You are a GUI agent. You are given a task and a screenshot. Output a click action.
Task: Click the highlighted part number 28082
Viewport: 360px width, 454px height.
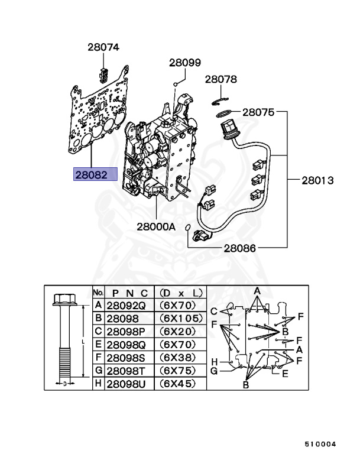pos(95,174)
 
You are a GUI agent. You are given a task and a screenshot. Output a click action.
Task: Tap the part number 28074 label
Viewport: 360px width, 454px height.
pos(103,47)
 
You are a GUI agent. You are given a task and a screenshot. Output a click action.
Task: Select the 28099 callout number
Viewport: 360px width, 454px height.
pos(185,62)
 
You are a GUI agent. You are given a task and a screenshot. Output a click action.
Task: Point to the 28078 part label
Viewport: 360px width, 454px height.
pos(221,79)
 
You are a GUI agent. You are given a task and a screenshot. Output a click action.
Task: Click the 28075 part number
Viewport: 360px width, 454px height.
pos(258,111)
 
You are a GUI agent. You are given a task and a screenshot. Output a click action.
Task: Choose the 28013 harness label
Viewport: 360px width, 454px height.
pos(319,179)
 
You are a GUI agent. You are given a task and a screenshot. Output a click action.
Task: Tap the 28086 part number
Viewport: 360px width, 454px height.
pos(239,248)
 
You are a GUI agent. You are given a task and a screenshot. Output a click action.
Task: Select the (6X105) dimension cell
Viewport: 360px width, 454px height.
pos(180,319)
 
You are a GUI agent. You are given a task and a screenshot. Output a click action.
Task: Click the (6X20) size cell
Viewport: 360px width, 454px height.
pos(180,332)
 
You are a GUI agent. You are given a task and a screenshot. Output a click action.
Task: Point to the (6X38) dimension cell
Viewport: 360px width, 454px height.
pos(180,358)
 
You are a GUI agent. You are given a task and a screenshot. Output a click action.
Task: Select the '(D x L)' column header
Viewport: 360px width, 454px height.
pos(180,292)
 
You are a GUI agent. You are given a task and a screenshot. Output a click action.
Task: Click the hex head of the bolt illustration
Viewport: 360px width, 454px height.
pos(62,299)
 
